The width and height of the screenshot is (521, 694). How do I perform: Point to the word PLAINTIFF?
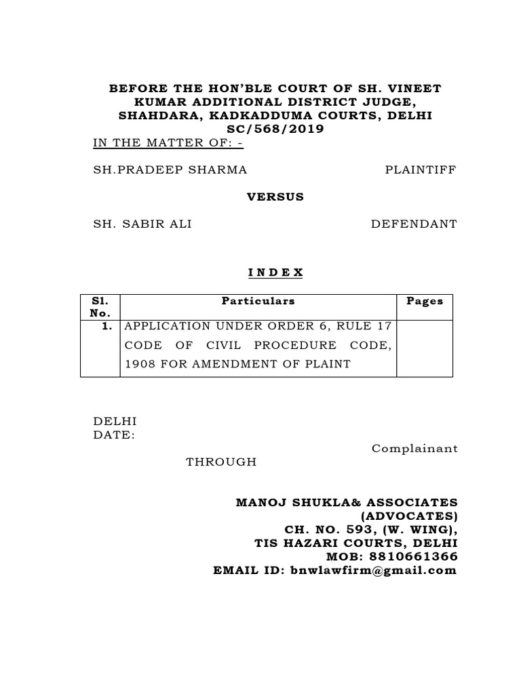(421, 169)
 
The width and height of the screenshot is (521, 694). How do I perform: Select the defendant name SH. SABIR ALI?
(142, 224)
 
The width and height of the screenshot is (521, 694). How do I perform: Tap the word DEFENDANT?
(414, 224)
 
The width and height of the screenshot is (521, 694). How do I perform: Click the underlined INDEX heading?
(275, 272)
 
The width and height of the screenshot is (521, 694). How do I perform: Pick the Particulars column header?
(258, 301)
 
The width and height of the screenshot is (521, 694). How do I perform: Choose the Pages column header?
(424, 301)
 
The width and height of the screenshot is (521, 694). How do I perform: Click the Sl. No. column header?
(100, 307)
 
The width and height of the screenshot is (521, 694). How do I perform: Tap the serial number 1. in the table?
(107, 325)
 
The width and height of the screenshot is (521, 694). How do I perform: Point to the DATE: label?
(114, 435)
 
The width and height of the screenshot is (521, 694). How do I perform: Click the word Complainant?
(414, 449)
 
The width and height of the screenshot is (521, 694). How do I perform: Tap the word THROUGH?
(221, 462)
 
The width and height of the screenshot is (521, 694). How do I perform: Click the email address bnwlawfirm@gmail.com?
(373, 570)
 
